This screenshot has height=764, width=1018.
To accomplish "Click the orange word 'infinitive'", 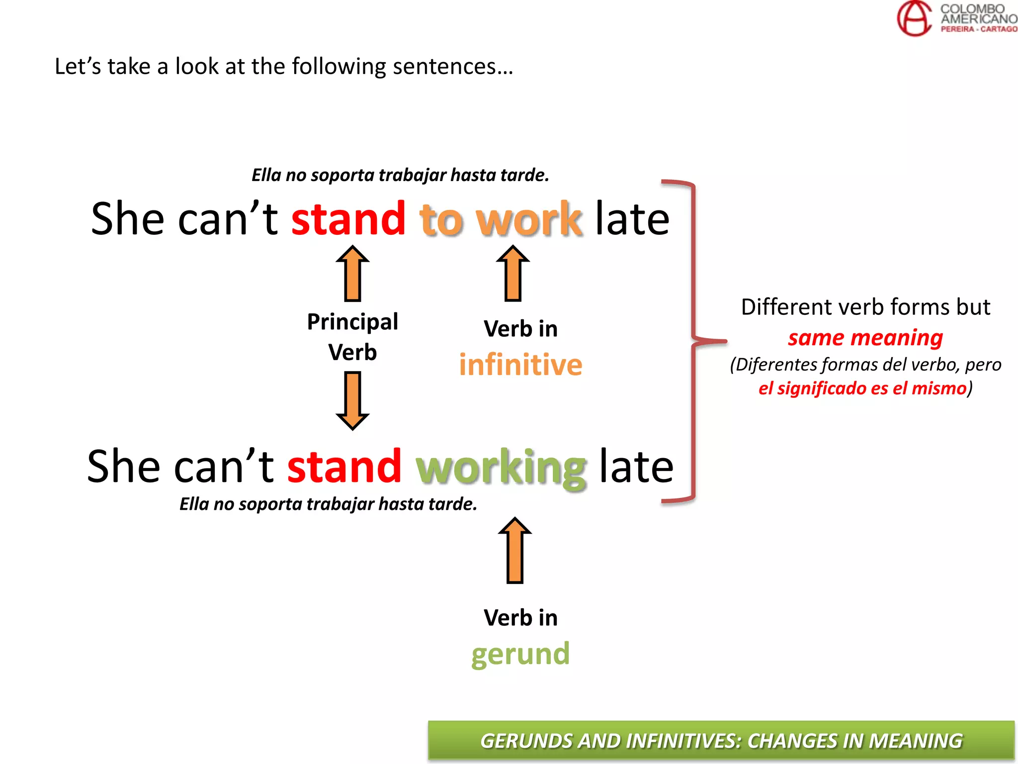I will pos(520,365).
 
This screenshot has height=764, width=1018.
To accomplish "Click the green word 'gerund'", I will pos(520,654).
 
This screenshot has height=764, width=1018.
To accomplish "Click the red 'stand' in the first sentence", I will pos(348,219).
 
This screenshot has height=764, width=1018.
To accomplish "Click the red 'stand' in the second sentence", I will pos(344,467).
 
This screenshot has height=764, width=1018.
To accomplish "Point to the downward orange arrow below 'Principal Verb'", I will pos(352,401).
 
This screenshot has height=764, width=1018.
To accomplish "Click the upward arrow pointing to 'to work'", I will pos(513,274).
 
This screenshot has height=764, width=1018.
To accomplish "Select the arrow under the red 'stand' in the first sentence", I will pos(352,274).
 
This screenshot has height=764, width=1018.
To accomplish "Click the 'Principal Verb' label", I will pos(352,337).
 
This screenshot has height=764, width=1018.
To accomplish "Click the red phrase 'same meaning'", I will pos(865,338).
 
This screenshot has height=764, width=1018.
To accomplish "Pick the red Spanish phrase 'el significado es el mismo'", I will pos(862,388).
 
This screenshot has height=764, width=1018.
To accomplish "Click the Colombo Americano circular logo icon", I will pos(914,18).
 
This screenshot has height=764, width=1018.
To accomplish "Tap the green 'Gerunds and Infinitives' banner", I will pos(721,740).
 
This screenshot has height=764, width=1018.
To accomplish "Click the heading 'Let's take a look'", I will pos(283,67).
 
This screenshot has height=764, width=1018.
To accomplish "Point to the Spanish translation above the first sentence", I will pos(400,175).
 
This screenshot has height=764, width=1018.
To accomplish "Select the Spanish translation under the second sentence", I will pos(328,504).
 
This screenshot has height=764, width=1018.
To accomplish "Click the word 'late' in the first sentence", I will pos(632,219).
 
